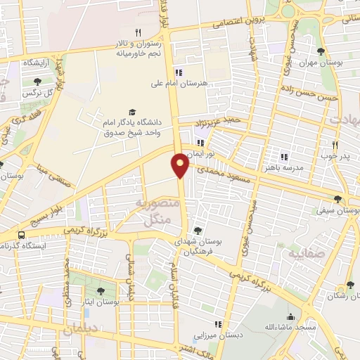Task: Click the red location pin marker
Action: point(180,164)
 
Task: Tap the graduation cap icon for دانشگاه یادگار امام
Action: point(132,112)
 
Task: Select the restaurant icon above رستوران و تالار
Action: point(139,32)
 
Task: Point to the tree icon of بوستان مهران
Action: point(321,51)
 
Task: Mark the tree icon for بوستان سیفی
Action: point(338,200)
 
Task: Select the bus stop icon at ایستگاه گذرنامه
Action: point(22,235)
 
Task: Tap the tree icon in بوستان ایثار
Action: point(101,291)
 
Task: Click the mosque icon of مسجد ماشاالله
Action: point(290,317)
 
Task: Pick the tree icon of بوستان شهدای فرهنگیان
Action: point(198,230)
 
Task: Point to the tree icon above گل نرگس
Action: point(37,82)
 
